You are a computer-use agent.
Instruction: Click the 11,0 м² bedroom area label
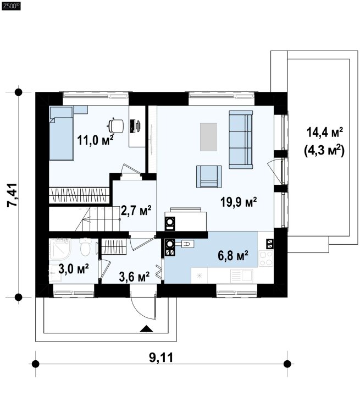pos(95,140)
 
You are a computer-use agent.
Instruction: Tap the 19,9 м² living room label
pos(239,202)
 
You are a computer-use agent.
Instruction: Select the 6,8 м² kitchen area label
pos(233,255)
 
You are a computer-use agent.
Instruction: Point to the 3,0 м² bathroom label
pos(74,269)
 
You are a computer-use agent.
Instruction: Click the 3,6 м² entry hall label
pos(134,277)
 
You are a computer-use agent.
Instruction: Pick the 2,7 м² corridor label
pos(136,211)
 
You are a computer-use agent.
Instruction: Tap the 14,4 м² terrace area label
pos(325,132)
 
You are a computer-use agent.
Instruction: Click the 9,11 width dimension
pos(161,358)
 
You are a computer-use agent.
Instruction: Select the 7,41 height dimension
pos(12,195)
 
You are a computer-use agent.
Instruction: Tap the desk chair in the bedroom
pos(115,125)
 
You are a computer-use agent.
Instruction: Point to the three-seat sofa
pos(241,139)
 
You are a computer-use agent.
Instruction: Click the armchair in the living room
pos(209,177)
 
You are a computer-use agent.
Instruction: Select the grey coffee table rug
pos(208,137)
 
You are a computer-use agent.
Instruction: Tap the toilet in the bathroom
pos(85,248)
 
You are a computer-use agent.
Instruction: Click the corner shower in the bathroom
pos(60,249)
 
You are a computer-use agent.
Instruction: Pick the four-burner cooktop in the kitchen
pos(266,258)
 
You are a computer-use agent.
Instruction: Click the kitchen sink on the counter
pos(241,276)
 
